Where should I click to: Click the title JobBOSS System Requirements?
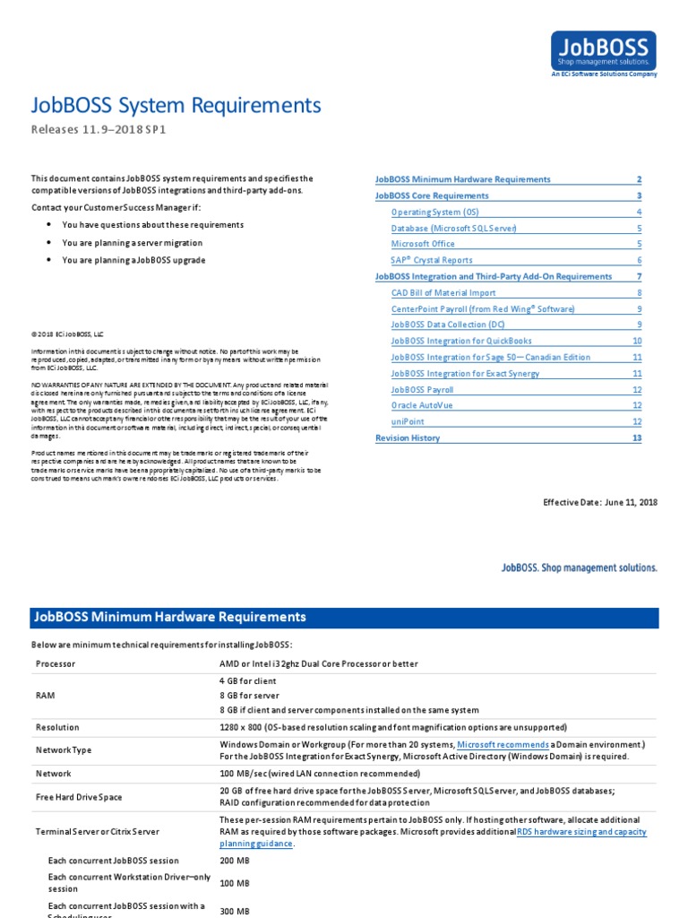pos(176,106)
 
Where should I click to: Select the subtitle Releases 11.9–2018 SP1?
pos(99,130)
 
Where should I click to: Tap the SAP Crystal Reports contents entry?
pos(432,260)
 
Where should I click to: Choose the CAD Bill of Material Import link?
pos(443,292)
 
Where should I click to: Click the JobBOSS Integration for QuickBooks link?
pos(461,341)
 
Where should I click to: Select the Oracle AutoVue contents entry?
pos(423,405)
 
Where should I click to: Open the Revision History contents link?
pos(408,438)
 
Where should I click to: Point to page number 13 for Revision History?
pos(637,438)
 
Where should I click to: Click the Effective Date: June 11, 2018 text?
pos(600,502)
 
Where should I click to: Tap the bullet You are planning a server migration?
pos(132,243)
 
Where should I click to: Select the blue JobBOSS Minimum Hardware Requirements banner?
pos(344,618)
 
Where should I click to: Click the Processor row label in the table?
pos(56,664)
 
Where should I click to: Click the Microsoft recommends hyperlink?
pos(503,745)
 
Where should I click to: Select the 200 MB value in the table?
pos(234,861)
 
